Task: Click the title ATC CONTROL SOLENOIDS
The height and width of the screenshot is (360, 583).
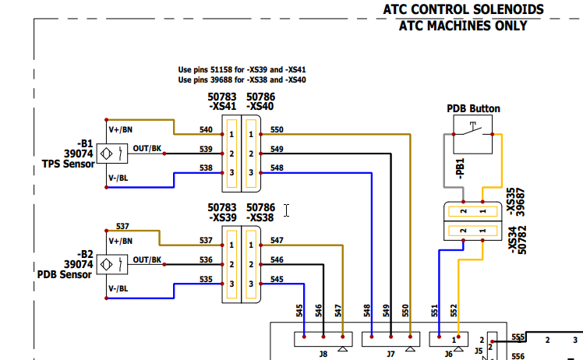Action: coord(463,9)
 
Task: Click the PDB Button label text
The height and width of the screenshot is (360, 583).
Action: coord(473,108)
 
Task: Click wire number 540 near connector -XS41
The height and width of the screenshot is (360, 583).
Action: coord(206,129)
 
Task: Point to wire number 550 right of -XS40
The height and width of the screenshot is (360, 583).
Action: coord(277,129)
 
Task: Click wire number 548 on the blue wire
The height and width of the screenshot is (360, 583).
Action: coord(277,168)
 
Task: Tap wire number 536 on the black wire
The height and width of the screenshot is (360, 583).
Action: coord(206,259)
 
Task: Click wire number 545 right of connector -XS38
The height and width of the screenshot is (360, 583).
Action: coord(277,279)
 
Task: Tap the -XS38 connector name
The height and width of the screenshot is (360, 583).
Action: coord(261,217)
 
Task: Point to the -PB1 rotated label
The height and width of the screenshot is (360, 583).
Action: coord(461,170)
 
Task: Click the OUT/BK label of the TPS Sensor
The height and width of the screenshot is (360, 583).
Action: coord(147,148)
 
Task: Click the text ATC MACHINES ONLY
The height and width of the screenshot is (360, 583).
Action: coord(463,26)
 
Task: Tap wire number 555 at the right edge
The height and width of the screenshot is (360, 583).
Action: coord(518,337)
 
